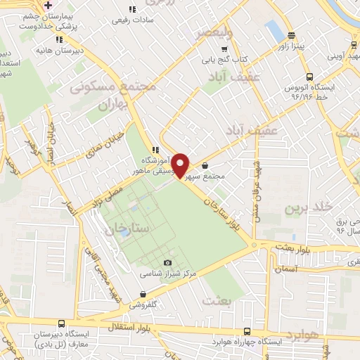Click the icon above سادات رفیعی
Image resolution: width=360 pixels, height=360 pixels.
click(x=131, y=10)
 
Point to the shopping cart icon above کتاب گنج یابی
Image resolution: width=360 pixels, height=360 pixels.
click(x=224, y=49)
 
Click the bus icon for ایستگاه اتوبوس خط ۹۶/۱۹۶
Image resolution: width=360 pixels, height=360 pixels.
click(x=309, y=77)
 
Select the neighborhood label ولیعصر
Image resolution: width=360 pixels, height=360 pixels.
click(x=211, y=33)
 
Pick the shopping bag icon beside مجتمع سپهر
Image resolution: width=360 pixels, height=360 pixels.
click(x=205, y=166)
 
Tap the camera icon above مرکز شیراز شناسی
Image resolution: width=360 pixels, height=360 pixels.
click(x=167, y=263)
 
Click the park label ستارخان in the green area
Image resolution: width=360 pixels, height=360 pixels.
click(x=127, y=229)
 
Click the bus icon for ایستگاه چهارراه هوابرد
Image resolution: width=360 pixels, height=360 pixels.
click(x=247, y=330)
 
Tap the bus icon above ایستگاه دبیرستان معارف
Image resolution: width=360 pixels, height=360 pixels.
click(x=62, y=324)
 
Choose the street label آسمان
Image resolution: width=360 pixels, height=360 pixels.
click(x=288, y=269)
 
